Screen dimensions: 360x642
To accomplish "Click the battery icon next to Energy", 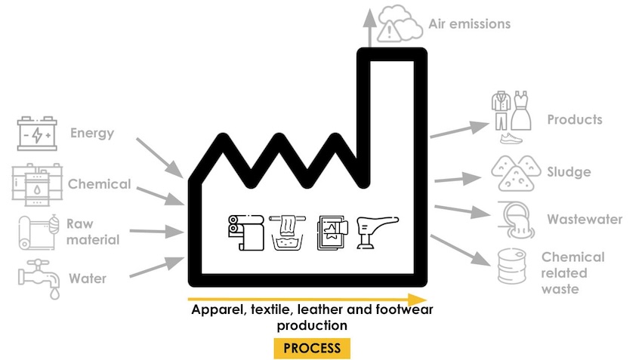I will point(37,134).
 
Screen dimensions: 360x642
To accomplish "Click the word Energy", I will point(92,134).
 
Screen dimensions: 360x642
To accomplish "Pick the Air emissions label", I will point(469,24).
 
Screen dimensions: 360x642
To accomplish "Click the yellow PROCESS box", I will point(312,348).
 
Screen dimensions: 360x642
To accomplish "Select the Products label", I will point(574,119).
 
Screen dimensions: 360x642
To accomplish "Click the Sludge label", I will point(569,172).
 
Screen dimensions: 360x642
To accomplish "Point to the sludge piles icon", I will point(514,173).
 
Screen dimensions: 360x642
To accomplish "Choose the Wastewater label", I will point(585,220).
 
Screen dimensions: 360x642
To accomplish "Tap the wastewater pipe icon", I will point(514,218).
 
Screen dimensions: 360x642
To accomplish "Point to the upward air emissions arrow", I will point(369,26).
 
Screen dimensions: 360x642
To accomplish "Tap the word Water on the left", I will point(88,278).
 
